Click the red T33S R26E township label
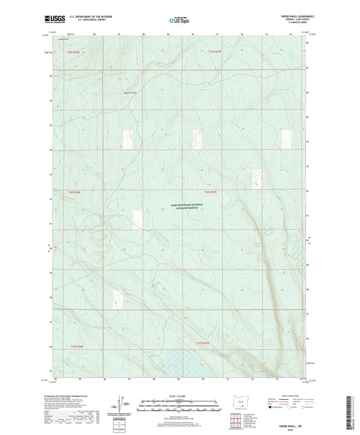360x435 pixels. click(74, 52)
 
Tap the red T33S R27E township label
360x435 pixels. click(215, 51)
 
